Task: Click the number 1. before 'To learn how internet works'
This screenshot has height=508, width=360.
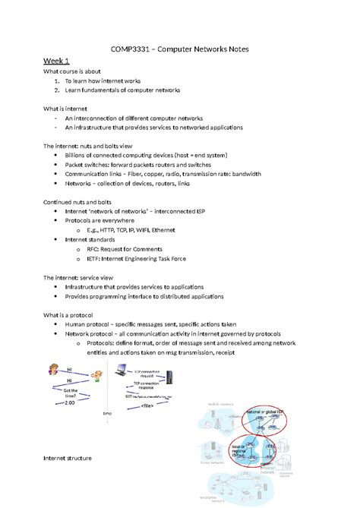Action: (56, 80)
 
